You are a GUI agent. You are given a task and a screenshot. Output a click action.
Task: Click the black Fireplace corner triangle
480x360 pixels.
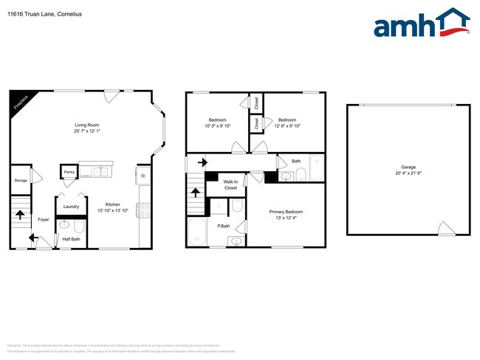point(17,100)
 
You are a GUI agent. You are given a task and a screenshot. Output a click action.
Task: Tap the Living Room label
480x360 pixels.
point(86,125)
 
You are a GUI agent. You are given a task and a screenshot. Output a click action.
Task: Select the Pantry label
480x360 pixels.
point(69,172)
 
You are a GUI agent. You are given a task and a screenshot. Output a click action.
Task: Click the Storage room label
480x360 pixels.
point(21,179)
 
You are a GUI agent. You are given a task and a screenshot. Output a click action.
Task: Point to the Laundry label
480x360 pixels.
point(72,207)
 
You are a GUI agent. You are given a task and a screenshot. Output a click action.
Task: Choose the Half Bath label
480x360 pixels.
point(71,238)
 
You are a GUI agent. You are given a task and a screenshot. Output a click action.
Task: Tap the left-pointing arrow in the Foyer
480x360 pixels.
point(33,238)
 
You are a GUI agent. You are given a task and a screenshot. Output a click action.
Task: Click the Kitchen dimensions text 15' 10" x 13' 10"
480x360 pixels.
point(112,211)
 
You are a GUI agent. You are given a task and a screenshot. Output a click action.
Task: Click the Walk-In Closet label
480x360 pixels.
point(230,184)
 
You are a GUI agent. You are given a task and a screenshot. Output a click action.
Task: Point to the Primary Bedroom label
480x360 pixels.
point(286,212)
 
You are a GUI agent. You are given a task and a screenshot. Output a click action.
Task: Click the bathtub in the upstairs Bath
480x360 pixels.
point(316,168)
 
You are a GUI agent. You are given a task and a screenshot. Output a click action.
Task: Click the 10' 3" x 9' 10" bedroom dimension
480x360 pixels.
point(217,125)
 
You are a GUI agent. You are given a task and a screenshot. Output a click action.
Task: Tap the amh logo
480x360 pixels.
point(422,24)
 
